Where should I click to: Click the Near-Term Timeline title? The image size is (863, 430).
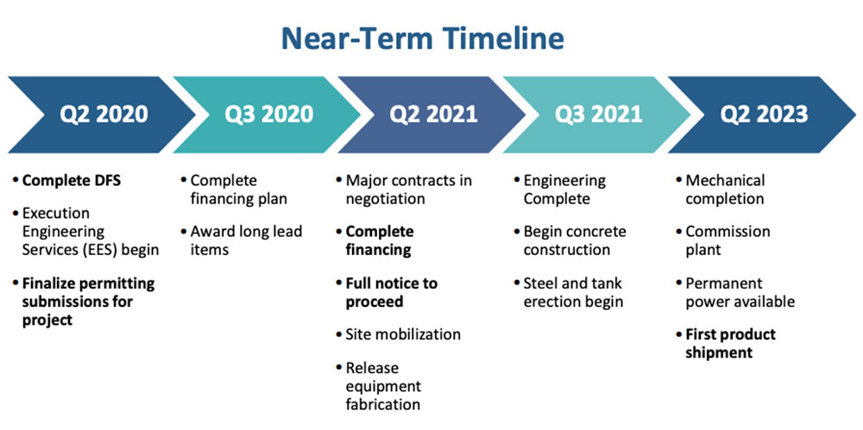[423, 39]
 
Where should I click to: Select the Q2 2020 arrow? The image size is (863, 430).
[102, 115]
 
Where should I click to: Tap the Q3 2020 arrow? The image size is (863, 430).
[267, 115]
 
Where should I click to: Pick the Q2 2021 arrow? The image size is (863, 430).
[432, 115]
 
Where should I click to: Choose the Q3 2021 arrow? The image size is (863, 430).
[597, 115]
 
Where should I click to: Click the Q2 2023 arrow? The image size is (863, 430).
[762, 115]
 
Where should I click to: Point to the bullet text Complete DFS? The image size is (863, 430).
[71, 180]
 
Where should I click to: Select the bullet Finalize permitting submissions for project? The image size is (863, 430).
[89, 302]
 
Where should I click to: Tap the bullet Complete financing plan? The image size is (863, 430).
[239, 190]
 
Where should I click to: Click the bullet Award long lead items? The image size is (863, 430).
[246, 240]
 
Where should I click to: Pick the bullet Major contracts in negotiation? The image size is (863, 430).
[408, 190]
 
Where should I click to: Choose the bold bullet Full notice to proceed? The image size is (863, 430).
[391, 292]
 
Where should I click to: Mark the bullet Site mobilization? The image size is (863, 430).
[403, 333]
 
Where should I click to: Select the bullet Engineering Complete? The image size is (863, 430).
[564, 190]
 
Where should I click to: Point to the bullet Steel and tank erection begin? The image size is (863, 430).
[574, 292]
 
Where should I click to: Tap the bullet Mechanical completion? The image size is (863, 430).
[725, 190]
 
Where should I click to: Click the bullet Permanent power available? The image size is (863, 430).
[740, 292]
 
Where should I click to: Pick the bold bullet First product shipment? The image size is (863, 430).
[730, 343]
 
